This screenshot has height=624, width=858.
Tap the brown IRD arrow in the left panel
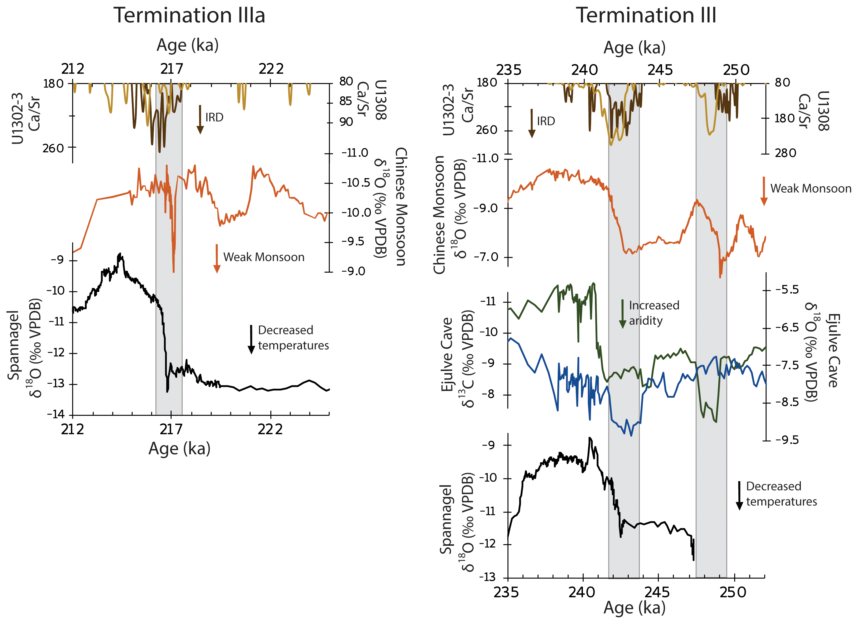200,120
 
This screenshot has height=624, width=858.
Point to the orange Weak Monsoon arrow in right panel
764,191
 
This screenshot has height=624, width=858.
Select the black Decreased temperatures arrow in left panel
251,339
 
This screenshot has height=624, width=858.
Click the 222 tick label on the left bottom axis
270,429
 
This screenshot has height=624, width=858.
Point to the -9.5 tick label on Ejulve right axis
787,440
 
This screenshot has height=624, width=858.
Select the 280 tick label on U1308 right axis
785,153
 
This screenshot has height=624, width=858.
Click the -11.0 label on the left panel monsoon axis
354,153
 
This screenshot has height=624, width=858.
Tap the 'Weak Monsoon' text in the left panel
264,257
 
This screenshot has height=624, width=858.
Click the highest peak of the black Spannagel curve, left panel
120,254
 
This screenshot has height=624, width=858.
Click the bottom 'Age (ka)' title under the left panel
179,449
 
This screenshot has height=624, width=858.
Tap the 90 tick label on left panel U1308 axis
346,122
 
